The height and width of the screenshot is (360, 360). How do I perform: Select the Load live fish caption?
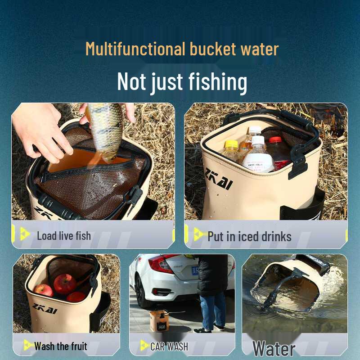(x=63, y=236)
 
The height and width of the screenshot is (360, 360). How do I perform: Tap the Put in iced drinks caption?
(x=249, y=236)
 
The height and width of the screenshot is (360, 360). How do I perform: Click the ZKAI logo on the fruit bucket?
(x=45, y=310)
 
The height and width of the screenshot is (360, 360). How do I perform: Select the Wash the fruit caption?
(x=61, y=346)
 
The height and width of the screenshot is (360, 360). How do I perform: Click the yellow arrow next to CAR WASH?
(x=144, y=346)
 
